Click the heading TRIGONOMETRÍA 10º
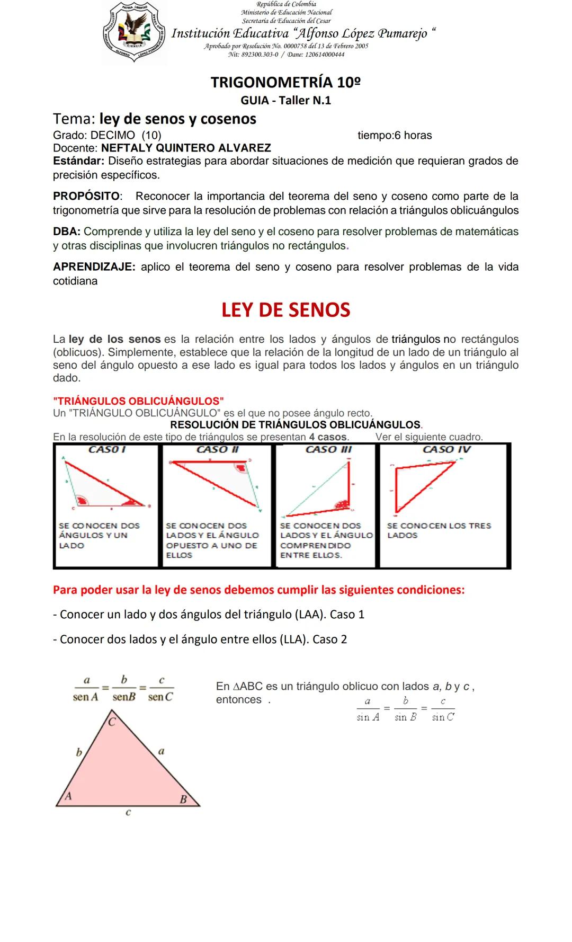pos(285,82)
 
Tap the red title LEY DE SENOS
pos(285,310)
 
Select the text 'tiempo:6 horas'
pos(395,136)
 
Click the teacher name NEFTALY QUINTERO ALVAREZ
pos(186,148)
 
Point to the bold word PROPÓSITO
pos(87,196)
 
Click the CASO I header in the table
pos(106,450)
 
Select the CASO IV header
pos(446,450)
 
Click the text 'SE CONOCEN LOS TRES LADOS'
pos(439,530)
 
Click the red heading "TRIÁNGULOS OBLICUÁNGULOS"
pos(138,401)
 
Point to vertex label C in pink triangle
pos(112,722)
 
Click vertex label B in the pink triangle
pos(183,799)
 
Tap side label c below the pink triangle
pos(128,812)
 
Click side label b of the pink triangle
pos(79,752)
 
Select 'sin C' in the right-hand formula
pos(443,717)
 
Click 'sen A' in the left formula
pos(85,697)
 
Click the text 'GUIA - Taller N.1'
pos(285,101)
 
